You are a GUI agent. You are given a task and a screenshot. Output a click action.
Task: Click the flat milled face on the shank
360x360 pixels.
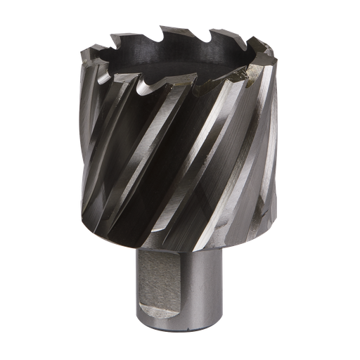coord(168,285)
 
